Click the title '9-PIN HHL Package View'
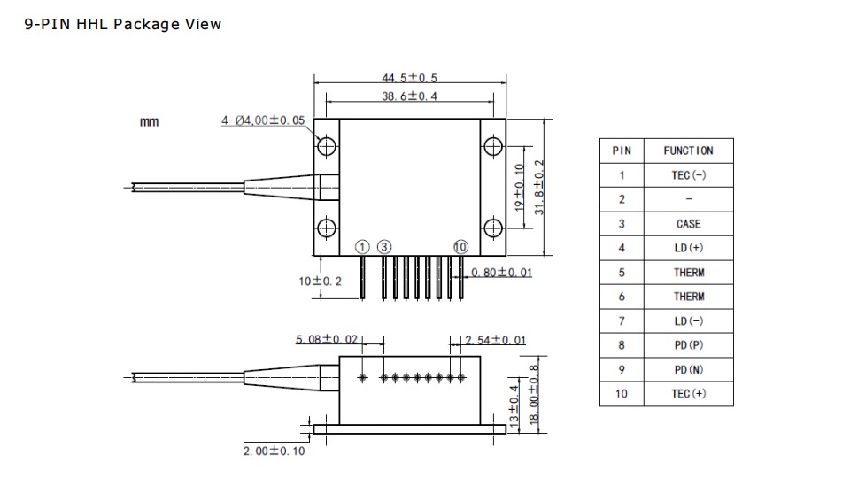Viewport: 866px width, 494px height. [124, 24]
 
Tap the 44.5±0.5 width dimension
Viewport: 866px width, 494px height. [409, 79]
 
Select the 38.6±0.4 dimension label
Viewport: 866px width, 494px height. [409, 96]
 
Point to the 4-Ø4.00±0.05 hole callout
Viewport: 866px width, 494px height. [263, 120]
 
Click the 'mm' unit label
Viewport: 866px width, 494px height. [150, 121]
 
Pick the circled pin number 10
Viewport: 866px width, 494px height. [460, 246]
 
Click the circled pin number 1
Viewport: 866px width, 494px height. [362, 246]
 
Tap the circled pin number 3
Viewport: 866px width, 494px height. [383, 246]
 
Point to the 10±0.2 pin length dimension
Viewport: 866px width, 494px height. [320, 281]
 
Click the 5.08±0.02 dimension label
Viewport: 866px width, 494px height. [327, 339]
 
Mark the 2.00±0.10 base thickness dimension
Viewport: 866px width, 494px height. [274, 451]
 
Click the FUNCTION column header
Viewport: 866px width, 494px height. [688, 151]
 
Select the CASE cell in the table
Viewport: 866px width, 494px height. [688, 224]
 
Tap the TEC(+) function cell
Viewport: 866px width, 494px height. [688, 394]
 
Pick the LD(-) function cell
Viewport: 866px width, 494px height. [688, 321]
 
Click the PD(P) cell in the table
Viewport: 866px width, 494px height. [688, 345]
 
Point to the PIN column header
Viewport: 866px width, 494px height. [622, 151]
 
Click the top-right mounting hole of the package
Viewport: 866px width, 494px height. [491, 146]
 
